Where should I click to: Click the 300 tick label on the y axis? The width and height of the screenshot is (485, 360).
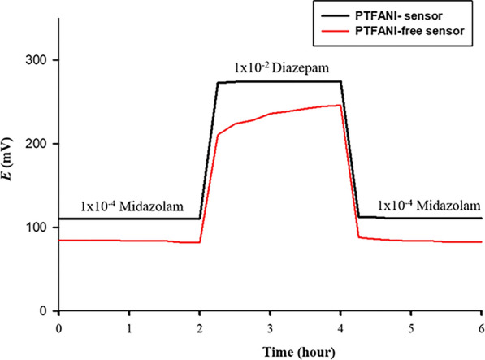point(38,60)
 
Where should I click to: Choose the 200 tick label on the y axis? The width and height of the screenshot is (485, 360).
point(38,144)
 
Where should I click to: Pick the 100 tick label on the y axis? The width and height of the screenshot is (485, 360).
point(38,228)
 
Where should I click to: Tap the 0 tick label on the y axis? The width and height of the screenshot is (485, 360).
point(45,311)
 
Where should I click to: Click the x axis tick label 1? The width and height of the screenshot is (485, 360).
point(129,327)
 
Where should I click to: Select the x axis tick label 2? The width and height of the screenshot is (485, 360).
point(200,327)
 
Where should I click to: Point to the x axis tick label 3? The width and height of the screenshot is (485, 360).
point(271,327)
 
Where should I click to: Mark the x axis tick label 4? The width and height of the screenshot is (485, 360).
point(341,327)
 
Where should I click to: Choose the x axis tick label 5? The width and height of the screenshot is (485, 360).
point(411,327)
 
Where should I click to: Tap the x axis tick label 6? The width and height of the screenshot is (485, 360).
point(481,327)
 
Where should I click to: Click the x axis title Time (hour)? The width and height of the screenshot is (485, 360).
point(270,351)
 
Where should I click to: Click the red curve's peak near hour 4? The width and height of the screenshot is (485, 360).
point(340,105)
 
